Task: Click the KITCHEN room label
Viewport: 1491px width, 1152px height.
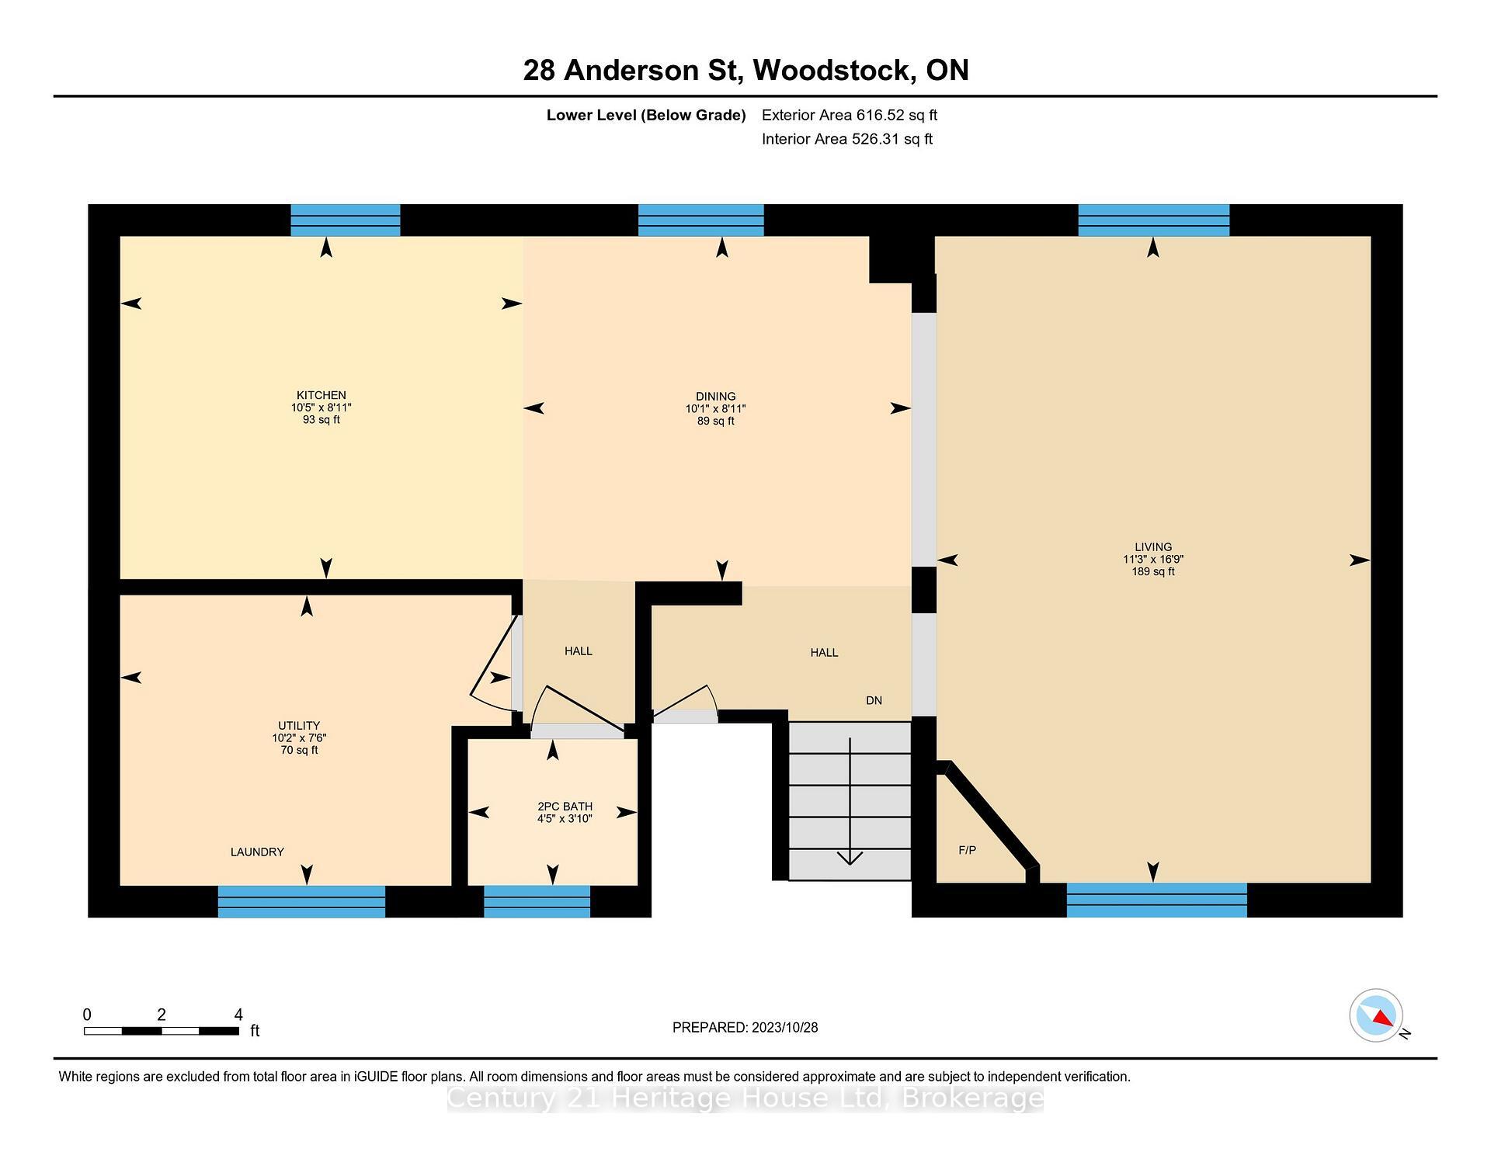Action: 321,395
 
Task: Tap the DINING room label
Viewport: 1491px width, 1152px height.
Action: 715,397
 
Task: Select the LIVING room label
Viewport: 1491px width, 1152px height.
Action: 1152,547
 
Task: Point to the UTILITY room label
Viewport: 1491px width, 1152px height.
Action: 299,726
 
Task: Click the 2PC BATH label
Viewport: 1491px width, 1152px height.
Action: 565,807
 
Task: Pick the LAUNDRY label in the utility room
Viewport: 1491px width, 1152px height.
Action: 257,852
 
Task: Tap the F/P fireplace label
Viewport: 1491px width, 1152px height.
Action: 967,850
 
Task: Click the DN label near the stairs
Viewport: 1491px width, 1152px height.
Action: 874,700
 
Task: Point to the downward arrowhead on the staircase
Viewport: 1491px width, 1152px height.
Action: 850,858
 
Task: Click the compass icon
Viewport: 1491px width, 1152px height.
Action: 1376,1015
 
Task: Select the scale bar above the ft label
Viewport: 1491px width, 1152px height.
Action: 162,1031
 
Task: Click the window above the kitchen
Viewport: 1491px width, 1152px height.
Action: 346,220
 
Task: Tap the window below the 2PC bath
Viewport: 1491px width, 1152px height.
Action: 537,901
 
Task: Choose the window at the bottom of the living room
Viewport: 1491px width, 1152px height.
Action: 1156,900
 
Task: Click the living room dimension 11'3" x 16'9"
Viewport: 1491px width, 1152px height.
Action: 1153,560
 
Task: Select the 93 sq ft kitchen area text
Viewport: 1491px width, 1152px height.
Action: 321,420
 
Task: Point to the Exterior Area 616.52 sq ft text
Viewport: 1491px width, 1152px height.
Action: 850,115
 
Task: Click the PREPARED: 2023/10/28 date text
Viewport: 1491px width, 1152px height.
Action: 745,1027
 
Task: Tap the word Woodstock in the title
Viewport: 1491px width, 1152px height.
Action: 832,71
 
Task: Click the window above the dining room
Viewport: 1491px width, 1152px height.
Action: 700,220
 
